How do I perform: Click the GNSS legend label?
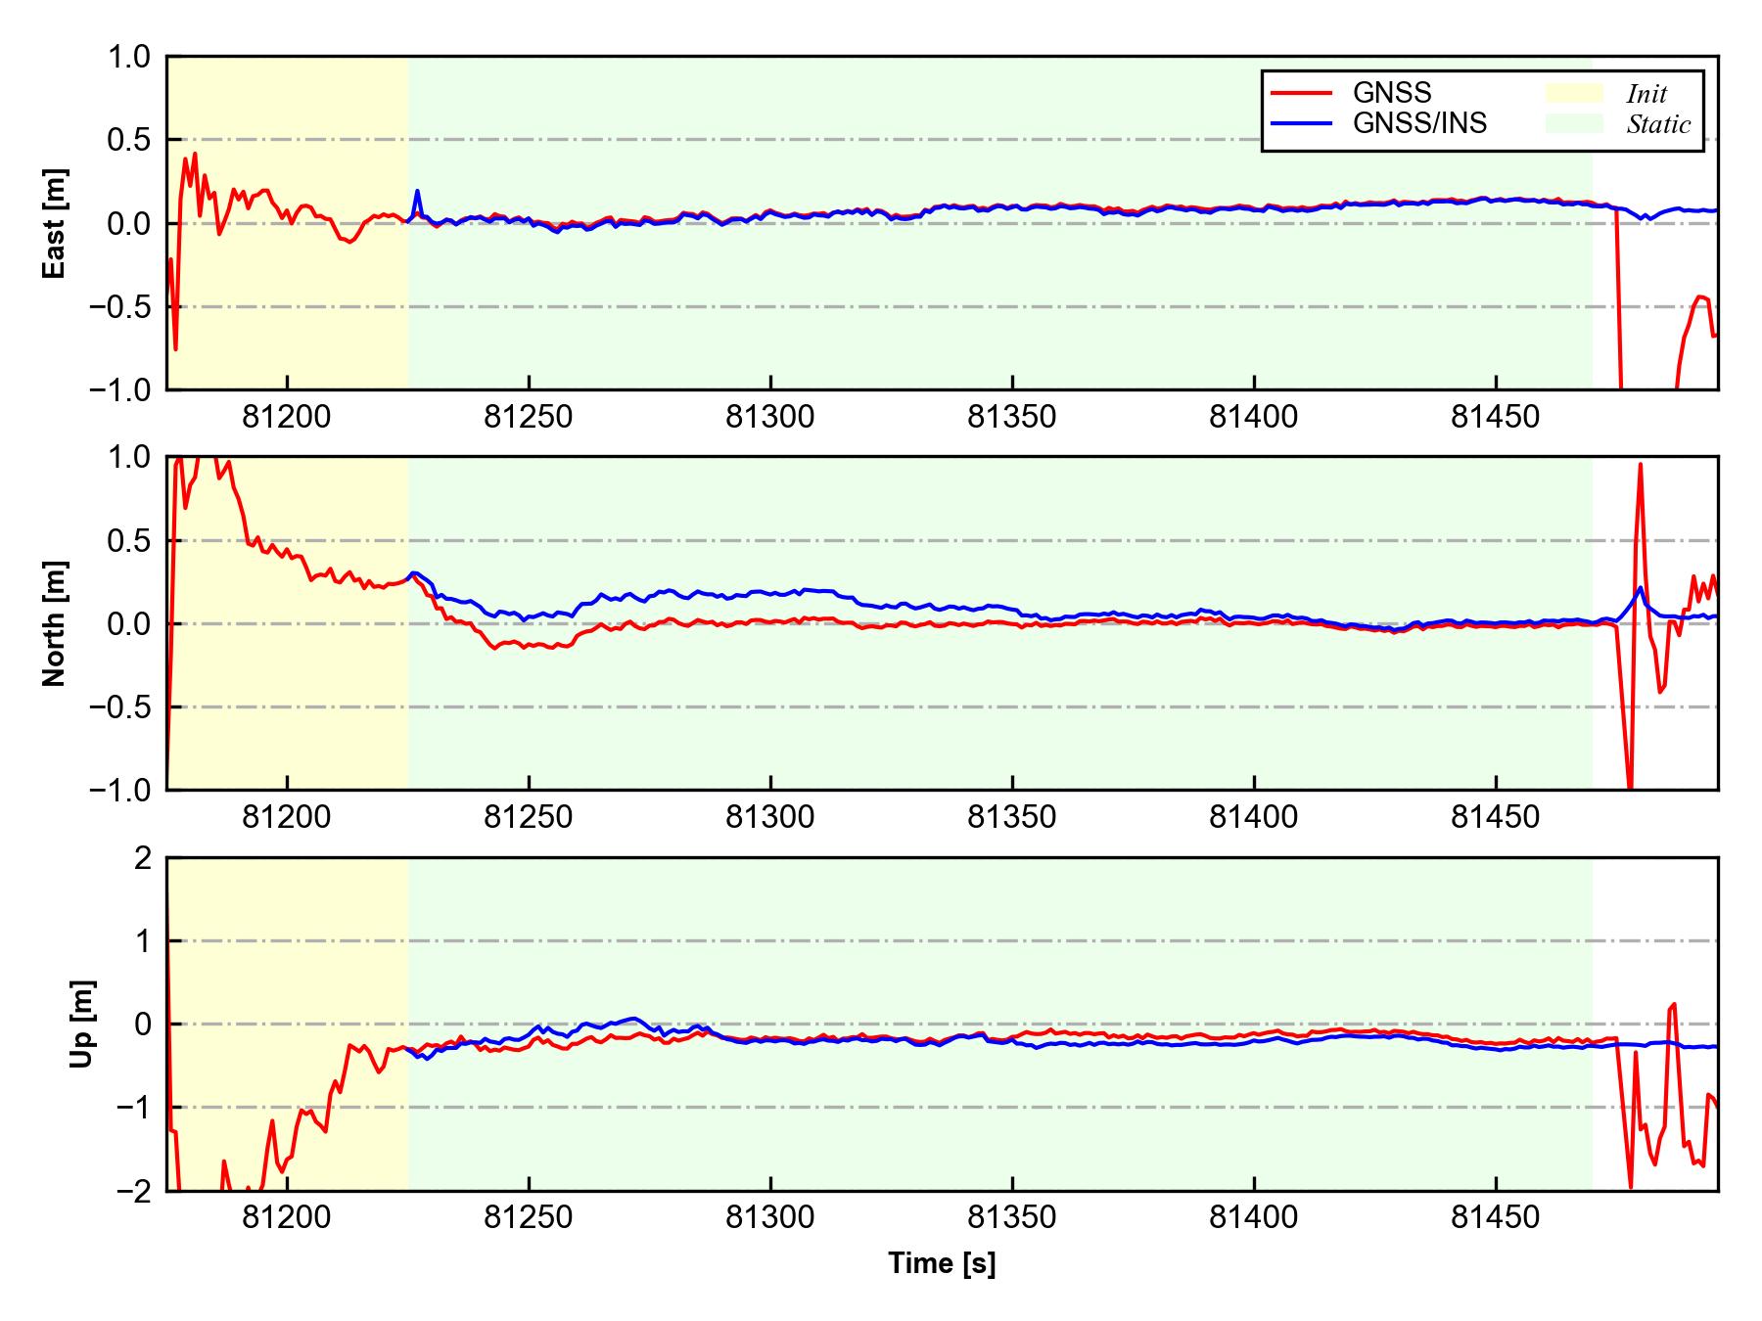click(x=1391, y=93)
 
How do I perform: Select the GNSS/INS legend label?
click(x=1419, y=123)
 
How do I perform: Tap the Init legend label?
click(x=1646, y=94)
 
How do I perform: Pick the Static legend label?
click(x=1658, y=124)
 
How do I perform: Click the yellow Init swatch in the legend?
click(x=1574, y=93)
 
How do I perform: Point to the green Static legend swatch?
click(x=1574, y=123)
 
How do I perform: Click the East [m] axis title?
click(x=55, y=223)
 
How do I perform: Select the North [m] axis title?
click(x=55, y=623)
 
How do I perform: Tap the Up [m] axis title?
click(x=82, y=1024)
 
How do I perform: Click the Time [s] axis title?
click(x=942, y=1263)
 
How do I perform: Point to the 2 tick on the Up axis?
click(x=143, y=858)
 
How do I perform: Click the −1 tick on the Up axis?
click(x=133, y=1108)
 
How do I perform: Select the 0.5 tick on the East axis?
click(x=129, y=140)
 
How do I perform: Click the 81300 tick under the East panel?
click(x=769, y=418)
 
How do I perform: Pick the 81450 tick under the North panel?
click(x=1495, y=818)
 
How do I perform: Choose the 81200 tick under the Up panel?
click(x=286, y=1218)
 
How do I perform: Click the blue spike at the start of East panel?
click(x=417, y=192)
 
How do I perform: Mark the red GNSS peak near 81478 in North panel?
click(x=1640, y=465)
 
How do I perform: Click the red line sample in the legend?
click(x=1301, y=93)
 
